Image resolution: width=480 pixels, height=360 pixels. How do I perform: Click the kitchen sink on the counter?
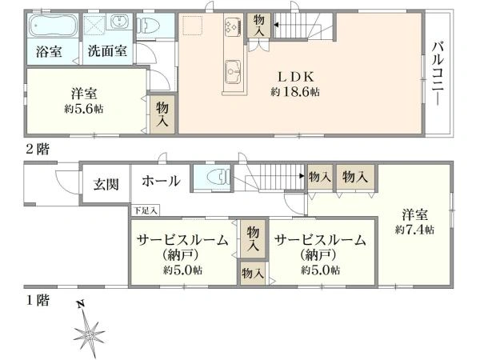(233, 69)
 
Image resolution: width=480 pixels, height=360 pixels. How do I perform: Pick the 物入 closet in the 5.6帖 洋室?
(162, 113)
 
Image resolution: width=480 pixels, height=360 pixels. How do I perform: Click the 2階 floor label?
(35, 148)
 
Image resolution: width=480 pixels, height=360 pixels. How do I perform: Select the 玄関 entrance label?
(106, 183)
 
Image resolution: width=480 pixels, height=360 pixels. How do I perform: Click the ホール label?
(161, 182)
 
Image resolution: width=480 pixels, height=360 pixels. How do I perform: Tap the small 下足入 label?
(146, 210)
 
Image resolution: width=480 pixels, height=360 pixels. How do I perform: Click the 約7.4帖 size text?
(414, 230)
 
